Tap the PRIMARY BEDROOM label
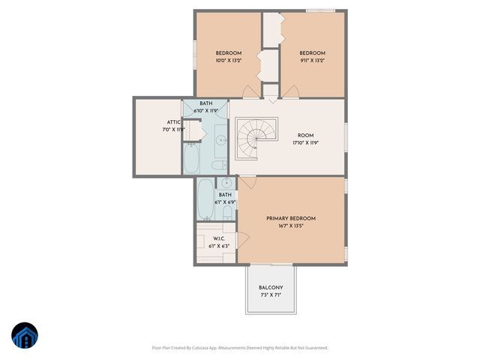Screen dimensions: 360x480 pyautogui.click(x=291, y=218)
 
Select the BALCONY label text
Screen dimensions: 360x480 pyautogui.click(x=271, y=288)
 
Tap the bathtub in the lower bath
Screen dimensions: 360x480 pyautogui.click(x=205, y=198)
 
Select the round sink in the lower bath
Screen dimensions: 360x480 pyautogui.click(x=225, y=183)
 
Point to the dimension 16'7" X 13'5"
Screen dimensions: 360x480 pyautogui.click(x=291, y=226)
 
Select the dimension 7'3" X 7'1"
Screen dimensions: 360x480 pyautogui.click(x=271, y=295)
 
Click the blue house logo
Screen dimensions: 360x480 pyautogui.click(x=25, y=337)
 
